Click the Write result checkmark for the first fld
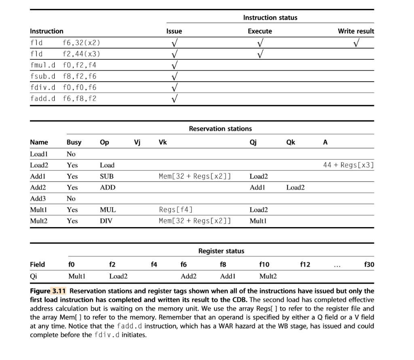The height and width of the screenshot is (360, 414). click(356, 42)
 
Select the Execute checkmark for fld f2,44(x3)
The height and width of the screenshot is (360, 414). click(260, 53)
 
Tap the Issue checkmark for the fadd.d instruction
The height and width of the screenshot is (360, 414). click(174, 98)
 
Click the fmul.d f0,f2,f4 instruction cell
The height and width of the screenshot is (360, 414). click(63, 65)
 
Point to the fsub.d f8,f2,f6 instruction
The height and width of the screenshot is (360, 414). click(63, 76)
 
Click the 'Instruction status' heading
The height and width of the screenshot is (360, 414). click(270, 17)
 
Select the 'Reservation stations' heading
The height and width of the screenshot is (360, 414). click(220, 128)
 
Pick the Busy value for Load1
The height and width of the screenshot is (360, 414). click(71, 154)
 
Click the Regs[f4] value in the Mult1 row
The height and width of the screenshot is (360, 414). click(176, 210)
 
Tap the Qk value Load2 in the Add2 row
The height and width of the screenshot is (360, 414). click(295, 187)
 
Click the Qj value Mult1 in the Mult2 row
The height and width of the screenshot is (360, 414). click(257, 221)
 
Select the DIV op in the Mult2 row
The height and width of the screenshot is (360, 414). click(106, 221)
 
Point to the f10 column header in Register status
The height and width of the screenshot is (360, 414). click(264, 265)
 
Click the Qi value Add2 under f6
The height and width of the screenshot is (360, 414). click(188, 276)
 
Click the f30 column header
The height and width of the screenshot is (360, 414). click(369, 265)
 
